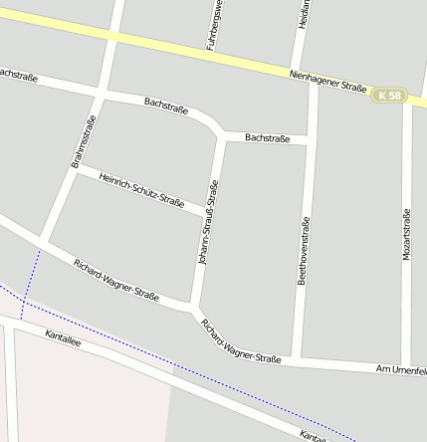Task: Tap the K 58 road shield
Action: (390, 96)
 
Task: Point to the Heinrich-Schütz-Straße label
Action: (141, 189)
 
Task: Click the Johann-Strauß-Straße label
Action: (209, 221)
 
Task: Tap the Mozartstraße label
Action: (406, 235)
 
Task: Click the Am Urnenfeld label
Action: (400, 369)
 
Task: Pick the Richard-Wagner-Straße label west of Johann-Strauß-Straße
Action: (115, 280)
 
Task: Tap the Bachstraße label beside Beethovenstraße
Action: (267, 138)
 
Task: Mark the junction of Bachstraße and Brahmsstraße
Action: (101, 95)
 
